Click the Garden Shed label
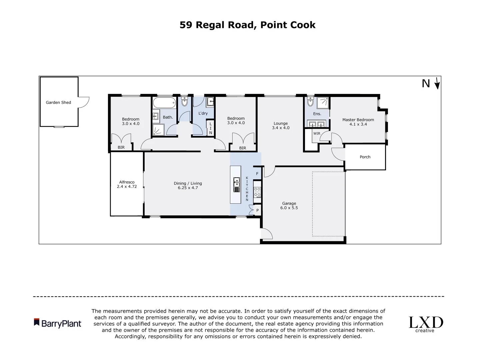coord(58,102)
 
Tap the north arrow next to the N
coord(437,83)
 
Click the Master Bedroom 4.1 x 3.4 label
coord(358,122)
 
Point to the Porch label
coord(365,157)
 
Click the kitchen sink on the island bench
coord(236,185)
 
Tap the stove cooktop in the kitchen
coord(257,192)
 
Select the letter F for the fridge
coord(257,174)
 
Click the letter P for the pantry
coord(257,210)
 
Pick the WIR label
coord(316,134)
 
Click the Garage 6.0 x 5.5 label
coord(289,205)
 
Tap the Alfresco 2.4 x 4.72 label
coord(127,184)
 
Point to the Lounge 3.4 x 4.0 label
coord(281,126)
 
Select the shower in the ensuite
coord(322,103)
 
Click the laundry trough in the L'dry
coord(210,101)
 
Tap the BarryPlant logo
coord(58,323)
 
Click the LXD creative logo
coord(426,324)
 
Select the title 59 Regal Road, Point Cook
coord(247,25)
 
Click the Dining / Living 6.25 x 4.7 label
coord(188,185)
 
